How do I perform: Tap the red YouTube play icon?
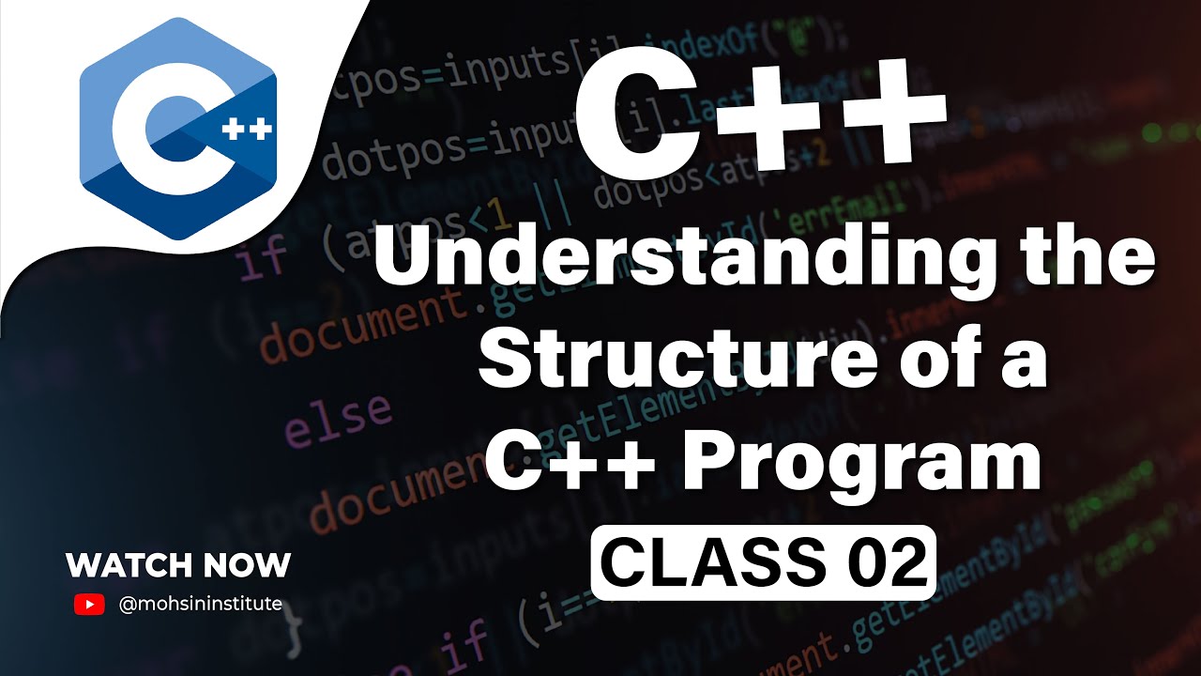tap(89, 605)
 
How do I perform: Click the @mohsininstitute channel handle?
tap(201, 605)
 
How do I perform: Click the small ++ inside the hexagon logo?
tap(248, 129)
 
